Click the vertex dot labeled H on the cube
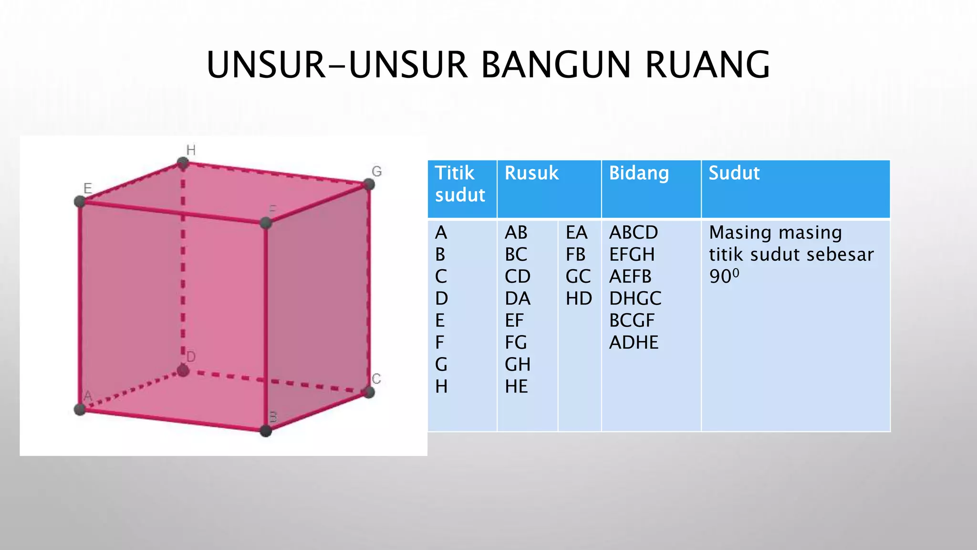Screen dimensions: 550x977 (182, 164)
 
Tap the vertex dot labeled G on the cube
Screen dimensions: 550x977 (369, 184)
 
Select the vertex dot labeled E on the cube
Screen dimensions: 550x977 (80, 201)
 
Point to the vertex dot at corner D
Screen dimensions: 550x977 (183, 370)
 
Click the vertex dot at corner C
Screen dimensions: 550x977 (369, 392)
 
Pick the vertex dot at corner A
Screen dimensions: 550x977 (80, 409)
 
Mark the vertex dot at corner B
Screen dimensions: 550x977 (266, 431)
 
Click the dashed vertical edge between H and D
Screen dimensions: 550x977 (183, 267)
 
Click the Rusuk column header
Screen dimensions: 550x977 (531, 173)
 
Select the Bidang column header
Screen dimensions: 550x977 (639, 173)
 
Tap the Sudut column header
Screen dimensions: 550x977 (734, 173)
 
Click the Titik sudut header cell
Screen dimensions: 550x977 (460, 184)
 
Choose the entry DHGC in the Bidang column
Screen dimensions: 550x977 (635, 298)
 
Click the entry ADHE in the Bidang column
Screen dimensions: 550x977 (634, 342)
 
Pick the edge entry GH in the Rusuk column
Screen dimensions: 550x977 (517, 364)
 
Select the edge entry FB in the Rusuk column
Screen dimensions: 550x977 (575, 254)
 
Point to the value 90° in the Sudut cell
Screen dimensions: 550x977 (724, 276)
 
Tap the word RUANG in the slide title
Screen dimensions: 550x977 (707, 65)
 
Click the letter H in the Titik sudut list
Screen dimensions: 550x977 (441, 386)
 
